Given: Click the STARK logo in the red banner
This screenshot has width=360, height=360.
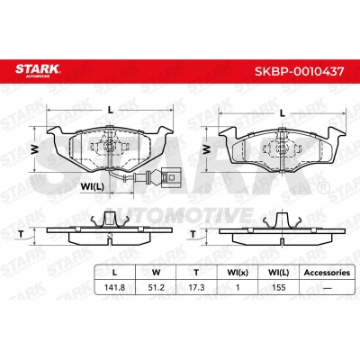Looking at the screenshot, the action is point(38,70).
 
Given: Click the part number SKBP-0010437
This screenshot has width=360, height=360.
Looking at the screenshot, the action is point(299,71).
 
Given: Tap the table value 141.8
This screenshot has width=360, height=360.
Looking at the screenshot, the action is point(114,287).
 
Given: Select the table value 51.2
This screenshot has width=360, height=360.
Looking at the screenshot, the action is point(157,287).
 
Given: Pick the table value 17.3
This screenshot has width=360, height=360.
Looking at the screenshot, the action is point(196,287).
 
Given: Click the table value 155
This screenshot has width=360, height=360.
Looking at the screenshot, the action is point(278,287).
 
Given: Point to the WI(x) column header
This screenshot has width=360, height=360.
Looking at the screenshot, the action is point(238,273).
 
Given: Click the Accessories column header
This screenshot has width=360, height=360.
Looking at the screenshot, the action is point(327,273).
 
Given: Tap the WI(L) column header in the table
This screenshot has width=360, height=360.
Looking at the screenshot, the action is point(278,273).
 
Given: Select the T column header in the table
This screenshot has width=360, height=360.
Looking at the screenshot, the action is point(196,273).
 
